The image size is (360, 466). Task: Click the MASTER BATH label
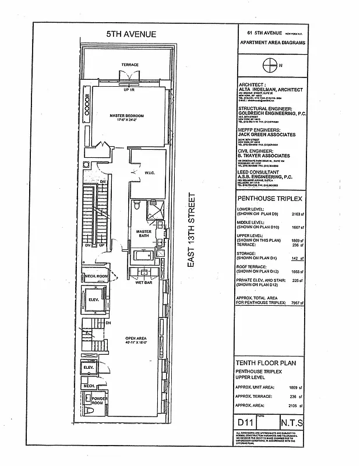(143, 234)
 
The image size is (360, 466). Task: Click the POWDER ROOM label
(96, 403)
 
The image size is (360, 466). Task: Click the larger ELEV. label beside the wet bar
(94, 300)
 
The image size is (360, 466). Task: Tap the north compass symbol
(270, 65)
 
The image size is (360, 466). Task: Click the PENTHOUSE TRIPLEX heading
(266, 199)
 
